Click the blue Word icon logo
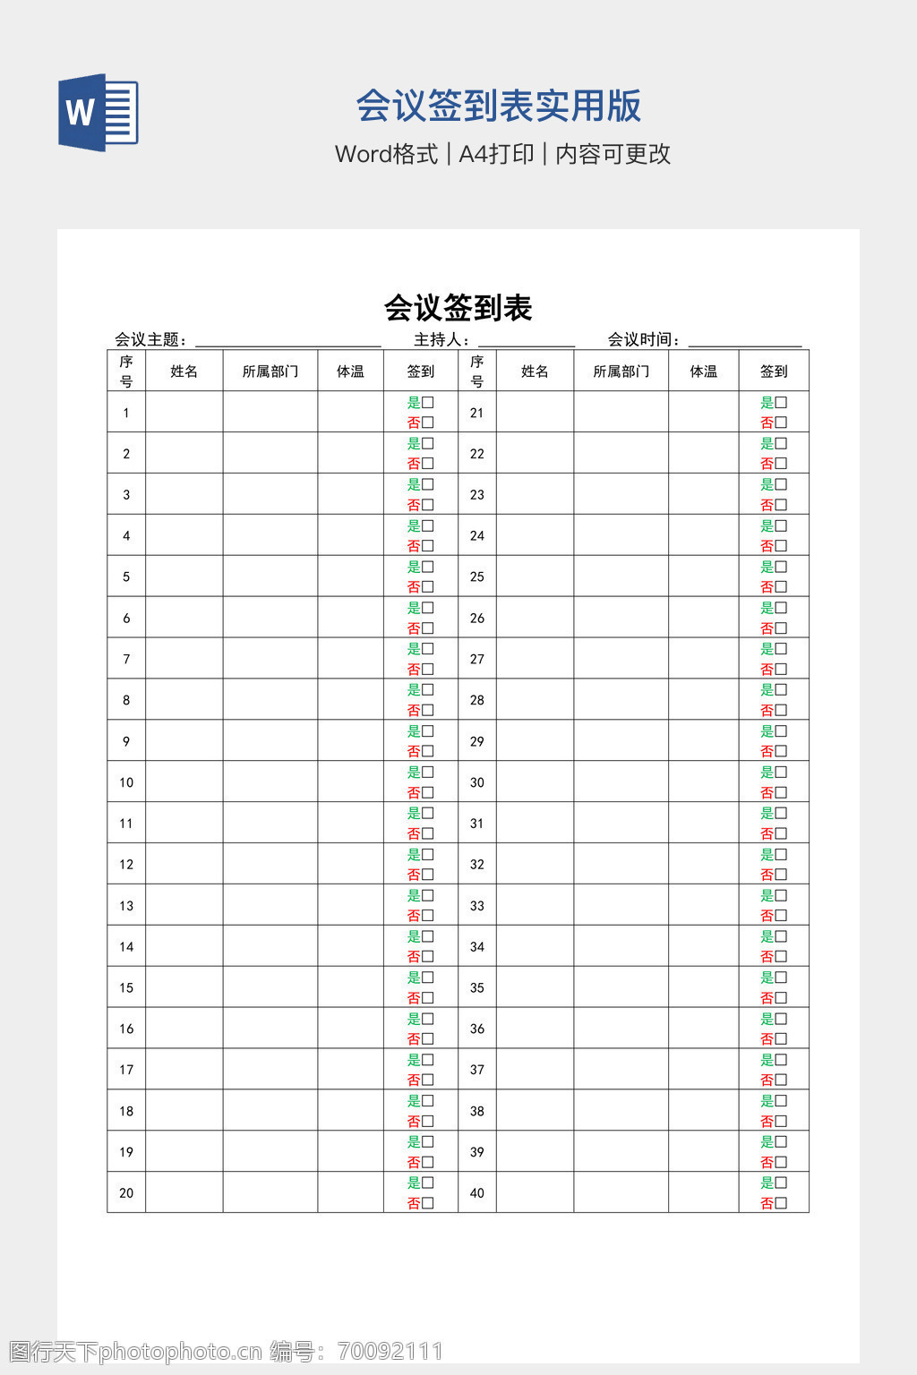(x=98, y=113)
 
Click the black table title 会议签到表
(x=458, y=308)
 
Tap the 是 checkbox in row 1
(x=428, y=403)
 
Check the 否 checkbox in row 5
(x=428, y=587)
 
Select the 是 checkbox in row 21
(x=781, y=403)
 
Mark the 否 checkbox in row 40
(x=781, y=1203)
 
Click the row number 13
(x=126, y=906)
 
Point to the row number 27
(x=477, y=660)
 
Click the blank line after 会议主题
(x=287, y=340)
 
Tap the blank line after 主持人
(x=527, y=340)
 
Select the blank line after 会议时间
(x=744, y=340)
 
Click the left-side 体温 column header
(x=350, y=372)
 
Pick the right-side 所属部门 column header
(x=621, y=372)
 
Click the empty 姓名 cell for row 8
(x=184, y=700)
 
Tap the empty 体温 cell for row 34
(x=703, y=947)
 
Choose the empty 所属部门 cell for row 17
(x=270, y=1070)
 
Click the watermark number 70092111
(x=390, y=1351)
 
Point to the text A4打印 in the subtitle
(x=496, y=154)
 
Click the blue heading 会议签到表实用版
(x=498, y=106)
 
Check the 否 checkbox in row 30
(x=781, y=793)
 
